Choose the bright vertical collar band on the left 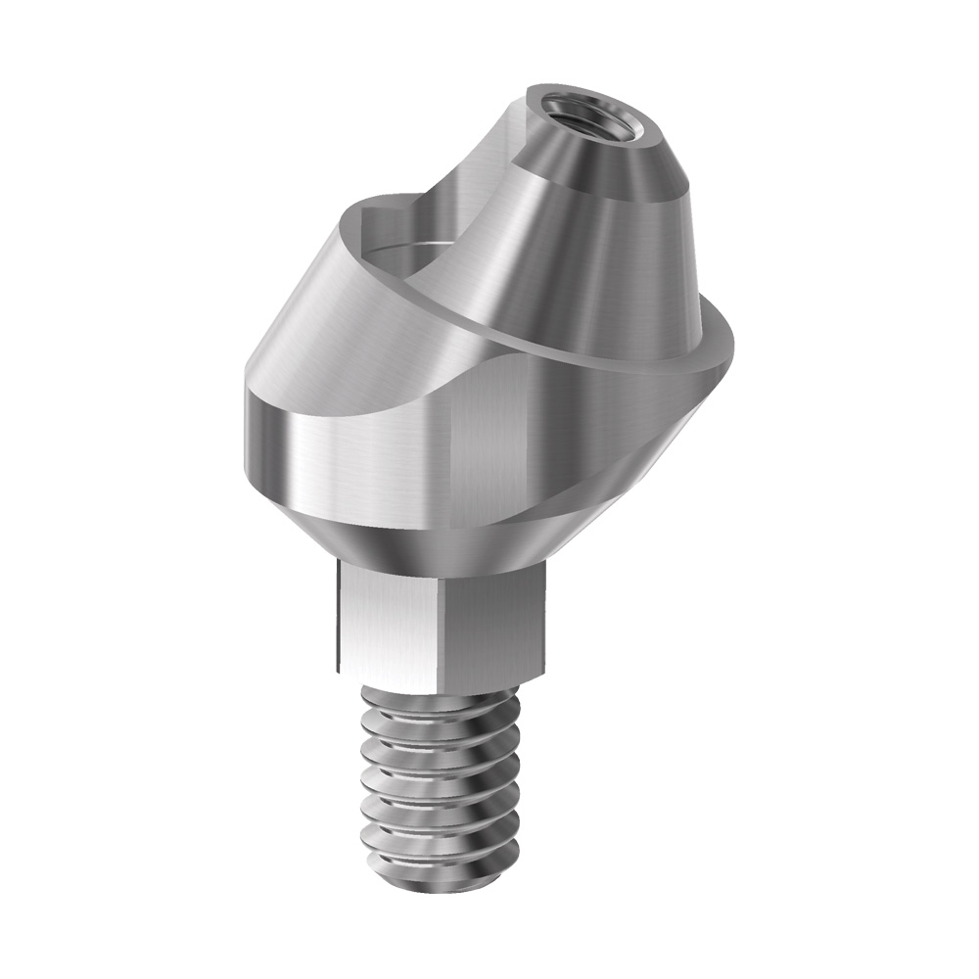[x=294, y=441]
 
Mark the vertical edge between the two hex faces [x=447, y=627]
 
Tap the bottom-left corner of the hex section [x=339, y=670]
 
